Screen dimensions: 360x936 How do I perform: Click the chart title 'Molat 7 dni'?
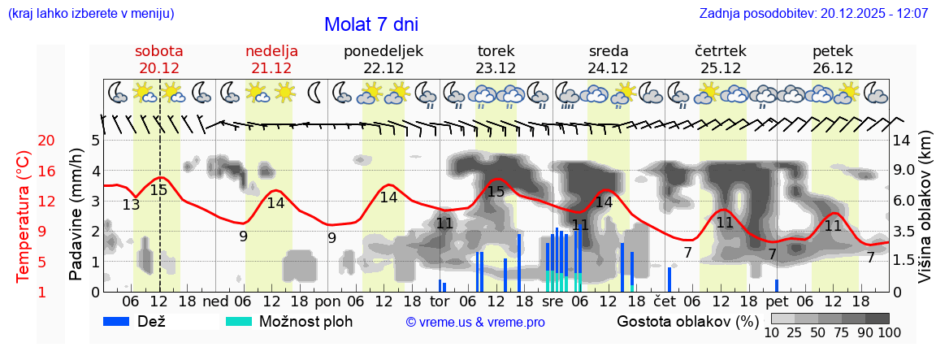pos(371,24)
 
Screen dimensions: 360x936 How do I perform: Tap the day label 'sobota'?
pos(158,51)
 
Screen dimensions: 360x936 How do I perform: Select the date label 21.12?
pos(271,68)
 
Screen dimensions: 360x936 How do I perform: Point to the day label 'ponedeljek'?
pos(383,51)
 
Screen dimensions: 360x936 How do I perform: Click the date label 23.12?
pos(496,68)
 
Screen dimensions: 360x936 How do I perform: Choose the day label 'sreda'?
pos(609,51)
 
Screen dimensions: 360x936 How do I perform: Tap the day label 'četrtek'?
pos(721,51)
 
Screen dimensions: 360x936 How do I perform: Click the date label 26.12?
pos(833,68)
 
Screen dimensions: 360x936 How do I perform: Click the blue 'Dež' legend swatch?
pos(122,321)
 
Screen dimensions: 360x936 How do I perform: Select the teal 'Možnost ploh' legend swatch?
pos(239,321)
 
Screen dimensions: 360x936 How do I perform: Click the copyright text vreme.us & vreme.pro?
pos(475,322)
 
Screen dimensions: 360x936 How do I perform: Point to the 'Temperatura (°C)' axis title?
pos(24,217)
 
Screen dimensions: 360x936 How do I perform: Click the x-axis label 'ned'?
pos(215,301)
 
